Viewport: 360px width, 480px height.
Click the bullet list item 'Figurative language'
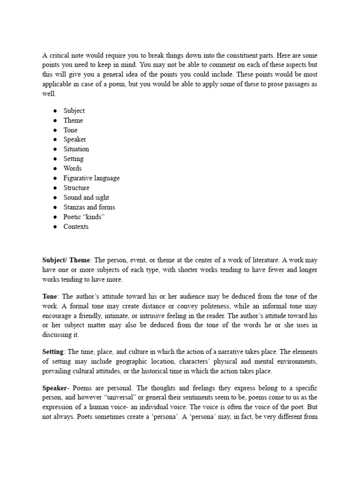91,178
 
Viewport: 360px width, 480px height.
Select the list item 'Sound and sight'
86,197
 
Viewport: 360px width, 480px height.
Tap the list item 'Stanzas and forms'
89,207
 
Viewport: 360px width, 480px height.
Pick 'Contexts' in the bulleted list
76,227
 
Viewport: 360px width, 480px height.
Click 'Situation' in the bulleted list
76,149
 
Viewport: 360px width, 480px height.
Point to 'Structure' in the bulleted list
76,188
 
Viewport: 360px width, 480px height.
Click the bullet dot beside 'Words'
55,169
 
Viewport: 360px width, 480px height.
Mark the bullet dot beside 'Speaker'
55,140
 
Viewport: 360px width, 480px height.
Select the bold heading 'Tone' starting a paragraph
50,297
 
